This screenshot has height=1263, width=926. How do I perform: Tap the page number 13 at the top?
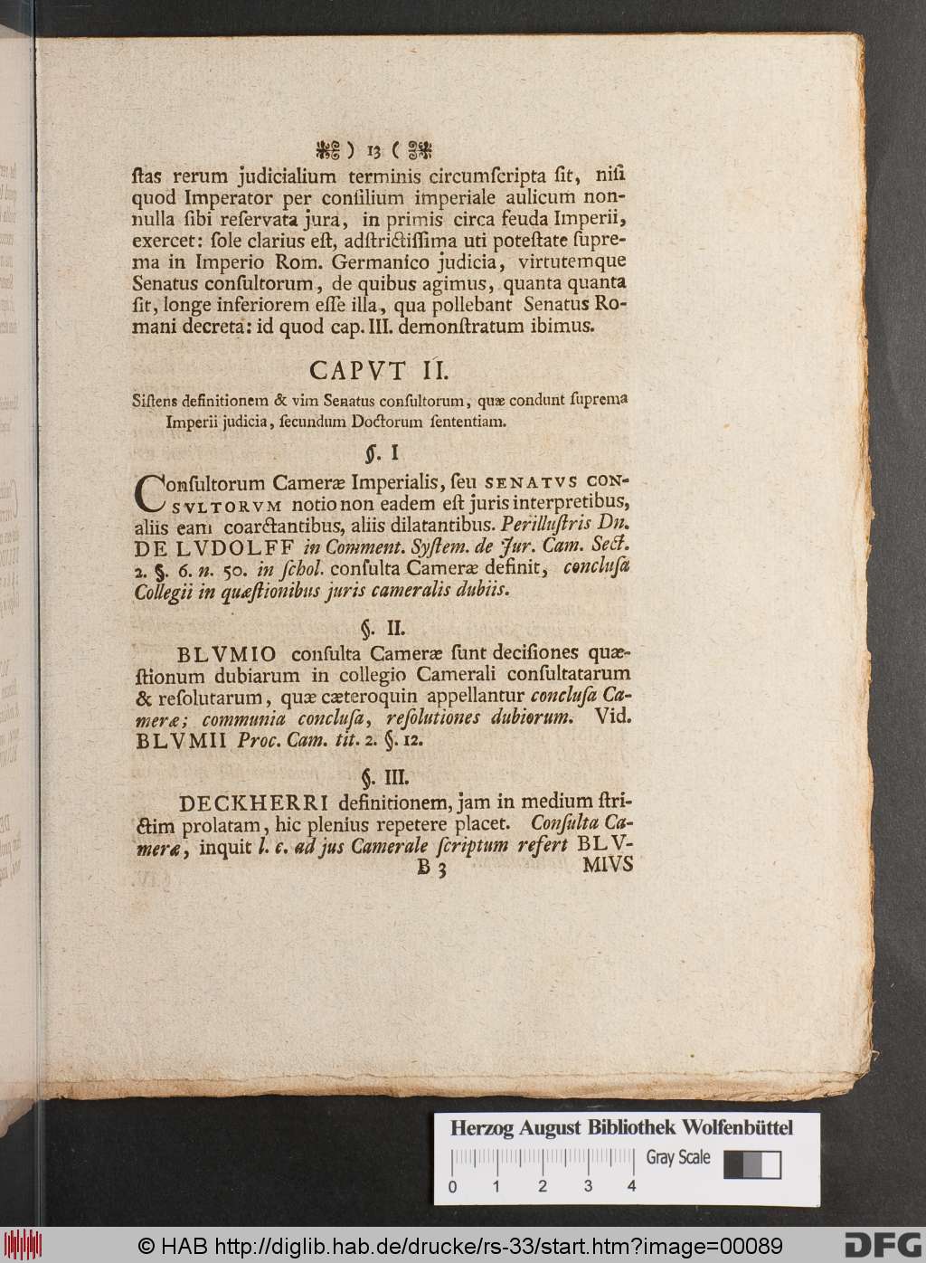point(375,147)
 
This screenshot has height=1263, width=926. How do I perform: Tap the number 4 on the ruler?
point(631,1185)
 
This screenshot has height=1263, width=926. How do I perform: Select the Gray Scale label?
point(678,1157)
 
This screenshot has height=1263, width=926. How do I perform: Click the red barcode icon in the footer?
point(19,1244)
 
